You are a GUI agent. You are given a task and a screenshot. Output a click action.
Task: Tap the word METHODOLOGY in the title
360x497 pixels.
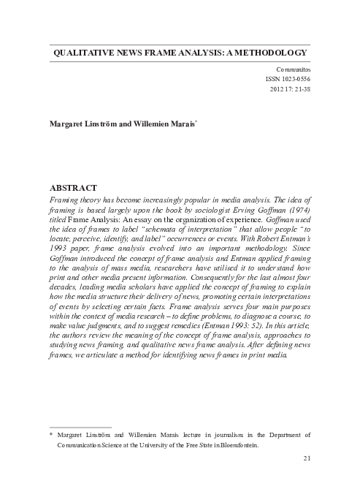pyautogui.click(x=267, y=53)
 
